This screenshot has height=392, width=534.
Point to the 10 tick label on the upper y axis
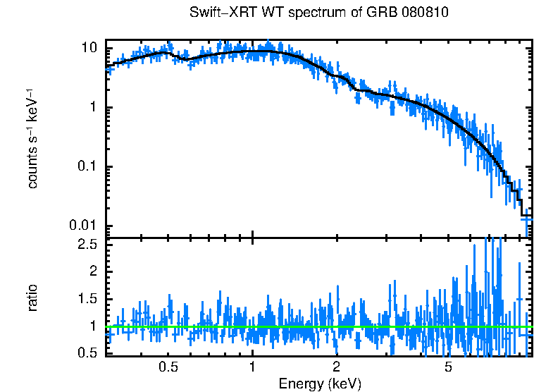89,48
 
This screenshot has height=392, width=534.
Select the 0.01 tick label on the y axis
84,226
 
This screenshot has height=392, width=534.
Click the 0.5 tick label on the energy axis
168,367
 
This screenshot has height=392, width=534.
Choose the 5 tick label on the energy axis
447,367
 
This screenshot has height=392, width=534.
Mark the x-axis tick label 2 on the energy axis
337,367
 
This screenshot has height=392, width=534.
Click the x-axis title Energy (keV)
319,384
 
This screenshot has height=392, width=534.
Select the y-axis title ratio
32,298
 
